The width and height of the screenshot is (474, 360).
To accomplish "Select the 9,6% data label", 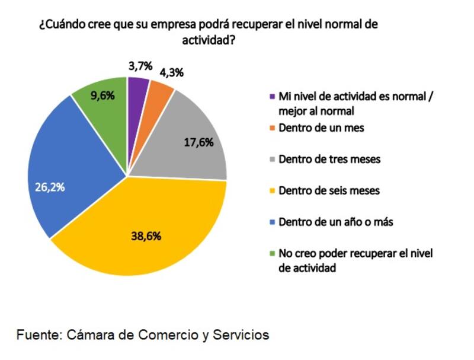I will click(102, 95).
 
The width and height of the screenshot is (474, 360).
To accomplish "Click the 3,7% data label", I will click(140, 65).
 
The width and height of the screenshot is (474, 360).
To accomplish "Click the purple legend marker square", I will click(272, 96).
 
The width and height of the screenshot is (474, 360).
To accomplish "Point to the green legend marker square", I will click(272, 254).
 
